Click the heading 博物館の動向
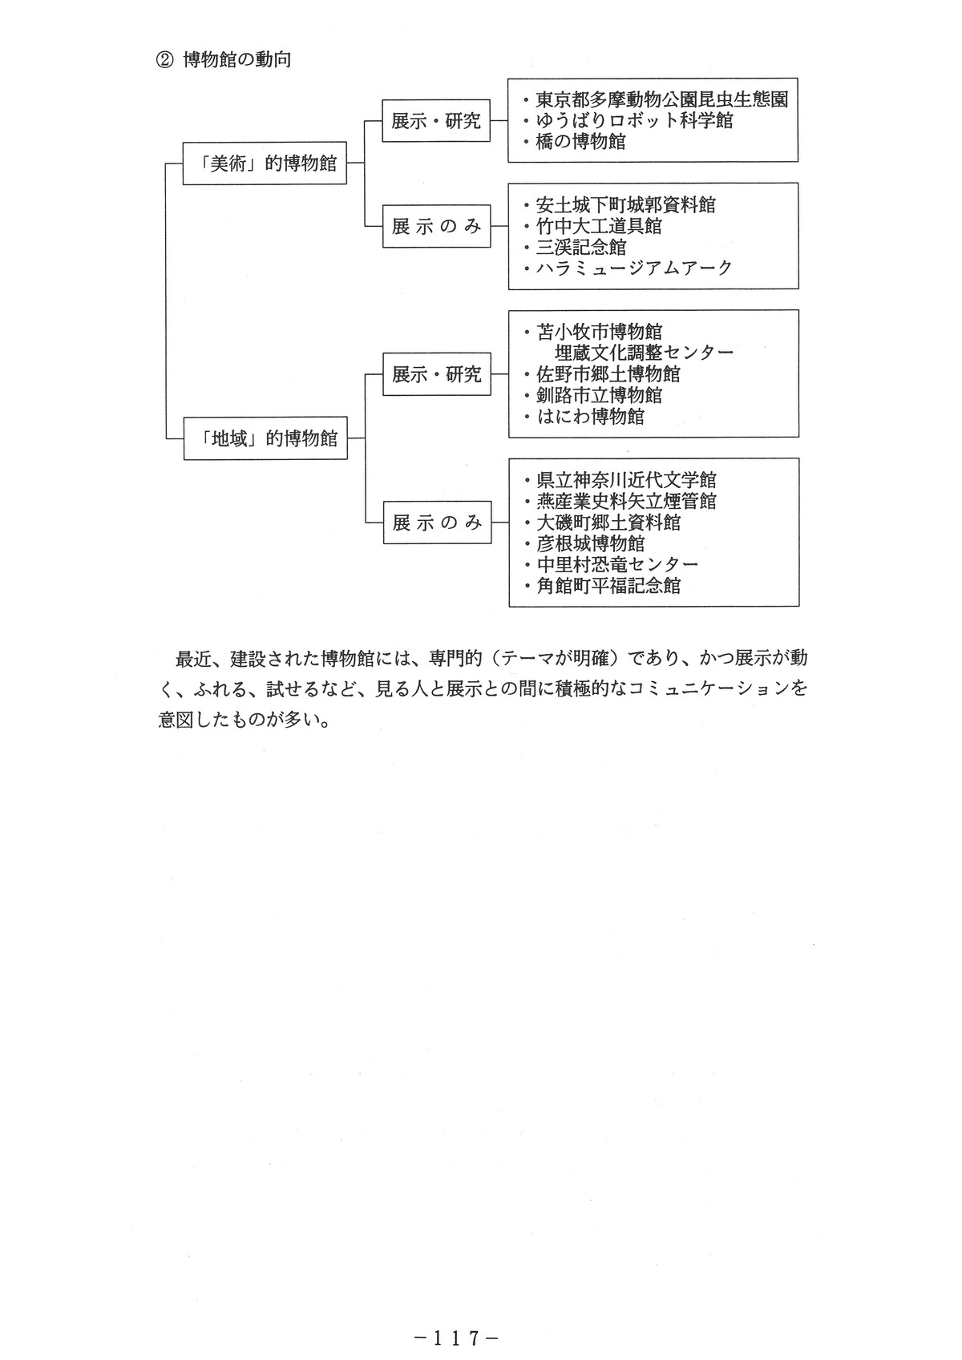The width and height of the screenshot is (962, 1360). pyautogui.click(x=237, y=60)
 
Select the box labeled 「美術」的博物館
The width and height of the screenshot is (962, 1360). pyautogui.click(x=265, y=163)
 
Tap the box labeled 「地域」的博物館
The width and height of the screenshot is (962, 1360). pyautogui.click(x=265, y=438)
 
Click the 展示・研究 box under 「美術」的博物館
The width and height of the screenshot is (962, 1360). pyautogui.click(x=435, y=121)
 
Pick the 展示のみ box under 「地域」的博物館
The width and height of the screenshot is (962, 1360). pyautogui.click(x=437, y=523)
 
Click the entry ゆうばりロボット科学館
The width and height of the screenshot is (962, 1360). pyautogui.click(x=634, y=120)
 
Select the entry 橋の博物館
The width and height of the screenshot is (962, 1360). pyautogui.click(x=580, y=142)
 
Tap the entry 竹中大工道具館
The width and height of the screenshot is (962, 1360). pyautogui.click(x=599, y=226)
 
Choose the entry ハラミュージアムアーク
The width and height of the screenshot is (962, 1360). pyautogui.click(x=634, y=268)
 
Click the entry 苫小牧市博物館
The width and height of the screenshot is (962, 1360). pyautogui.click(x=599, y=332)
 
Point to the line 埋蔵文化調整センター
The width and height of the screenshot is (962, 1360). pyautogui.click(x=644, y=353)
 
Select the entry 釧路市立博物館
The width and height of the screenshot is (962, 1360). pyautogui.click(x=599, y=395)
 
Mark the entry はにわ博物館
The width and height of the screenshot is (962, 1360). pyautogui.click(x=590, y=416)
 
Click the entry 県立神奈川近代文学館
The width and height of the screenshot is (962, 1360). pyautogui.click(x=626, y=480)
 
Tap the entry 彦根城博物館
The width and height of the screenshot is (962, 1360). pyautogui.click(x=590, y=543)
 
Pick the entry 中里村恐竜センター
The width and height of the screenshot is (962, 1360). pyautogui.click(x=617, y=564)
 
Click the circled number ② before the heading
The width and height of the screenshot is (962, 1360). pyautogui.click(x=164, y=60)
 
